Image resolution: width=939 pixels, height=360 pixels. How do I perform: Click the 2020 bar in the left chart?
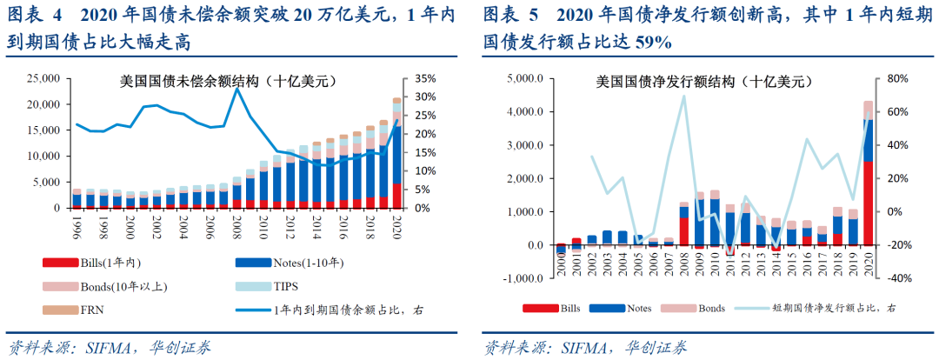point(396,157)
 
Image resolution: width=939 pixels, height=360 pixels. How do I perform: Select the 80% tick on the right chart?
point(896,78)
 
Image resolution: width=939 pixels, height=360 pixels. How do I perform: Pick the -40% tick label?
point(895,278)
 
